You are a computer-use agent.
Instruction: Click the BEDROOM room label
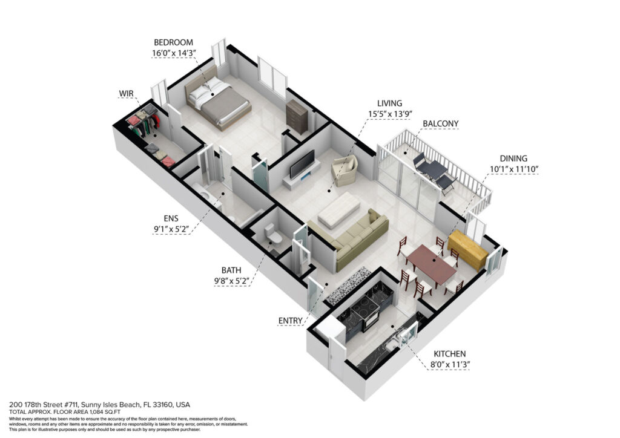point(173,42)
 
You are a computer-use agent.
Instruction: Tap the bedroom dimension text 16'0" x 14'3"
point(174,53)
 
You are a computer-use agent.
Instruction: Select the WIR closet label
point(126,94)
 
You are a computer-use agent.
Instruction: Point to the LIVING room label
point(389,103)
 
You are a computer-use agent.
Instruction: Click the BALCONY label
point(441,123)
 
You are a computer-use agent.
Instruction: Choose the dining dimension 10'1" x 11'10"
point(514,169)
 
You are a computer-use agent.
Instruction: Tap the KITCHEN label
point(450,354)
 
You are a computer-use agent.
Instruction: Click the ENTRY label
point(290,321)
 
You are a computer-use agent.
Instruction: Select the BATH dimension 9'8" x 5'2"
point(231,281)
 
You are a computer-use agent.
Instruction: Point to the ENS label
point(171,218)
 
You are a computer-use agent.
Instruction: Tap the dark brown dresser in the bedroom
point(297,117)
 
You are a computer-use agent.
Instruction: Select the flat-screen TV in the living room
point(302,164)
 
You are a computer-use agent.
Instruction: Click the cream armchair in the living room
point(345,171)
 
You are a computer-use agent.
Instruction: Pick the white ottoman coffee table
point(339,210)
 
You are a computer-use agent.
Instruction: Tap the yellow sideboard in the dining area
point(468,250)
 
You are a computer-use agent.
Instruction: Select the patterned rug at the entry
point(347,286)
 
